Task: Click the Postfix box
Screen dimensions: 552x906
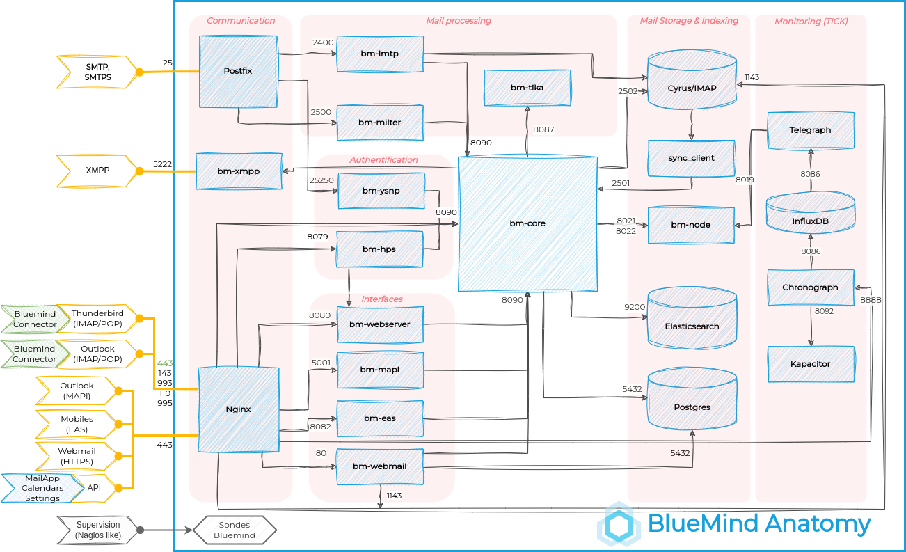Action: click(238, 72)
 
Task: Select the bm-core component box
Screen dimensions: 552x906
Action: click(527, 223)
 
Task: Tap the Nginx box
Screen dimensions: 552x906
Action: click(238, 409)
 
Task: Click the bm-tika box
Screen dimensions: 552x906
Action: click(527, 88)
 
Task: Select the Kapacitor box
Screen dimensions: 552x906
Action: click(810, 364)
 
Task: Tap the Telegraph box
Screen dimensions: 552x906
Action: click(810, 130)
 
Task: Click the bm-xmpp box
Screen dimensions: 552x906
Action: click(238, 171)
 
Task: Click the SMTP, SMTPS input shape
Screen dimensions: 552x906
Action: click(97, 72)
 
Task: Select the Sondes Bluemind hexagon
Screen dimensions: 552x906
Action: click(234, 530)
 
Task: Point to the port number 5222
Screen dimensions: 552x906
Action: click(162, 165)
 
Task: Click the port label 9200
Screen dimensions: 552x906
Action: click(634, 306)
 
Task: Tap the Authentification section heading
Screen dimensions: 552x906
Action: click(383, 160)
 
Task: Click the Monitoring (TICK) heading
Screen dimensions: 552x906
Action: click(811, 22)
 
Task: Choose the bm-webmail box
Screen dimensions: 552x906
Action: click(380, 466)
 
